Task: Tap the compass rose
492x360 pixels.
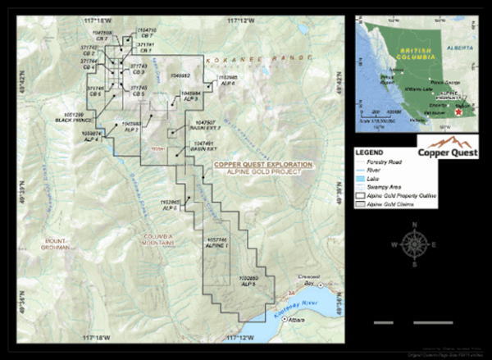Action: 415,243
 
